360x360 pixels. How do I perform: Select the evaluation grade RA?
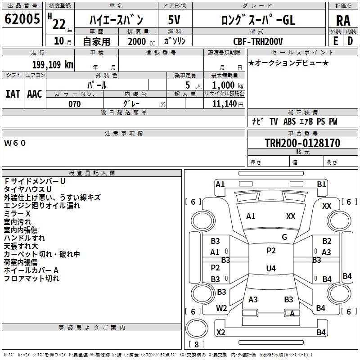tap(343, 20)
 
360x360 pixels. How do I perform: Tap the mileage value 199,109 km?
tap(52, 65)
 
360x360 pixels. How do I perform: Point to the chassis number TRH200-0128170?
tap(302, 144)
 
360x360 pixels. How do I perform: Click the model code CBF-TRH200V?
tap(258, 41)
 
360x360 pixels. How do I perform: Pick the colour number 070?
tap(74, 104)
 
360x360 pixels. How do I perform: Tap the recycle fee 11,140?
tap(223, 104)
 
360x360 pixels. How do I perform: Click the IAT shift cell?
tap(13, 94)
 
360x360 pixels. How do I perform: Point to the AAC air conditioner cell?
tap(35, 94)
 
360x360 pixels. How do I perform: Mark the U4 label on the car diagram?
tap(270, 269)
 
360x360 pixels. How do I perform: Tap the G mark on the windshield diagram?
tap(284, 237)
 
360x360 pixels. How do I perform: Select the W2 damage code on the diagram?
tap(221, 308)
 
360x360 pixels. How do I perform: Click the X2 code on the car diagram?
tap(220, 333)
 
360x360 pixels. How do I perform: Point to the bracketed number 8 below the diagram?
tap(197, 345)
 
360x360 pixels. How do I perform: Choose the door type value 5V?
tap(175, 20)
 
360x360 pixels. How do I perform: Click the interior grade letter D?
tap(350, 40)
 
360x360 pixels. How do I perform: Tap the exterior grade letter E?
tap(335, 40)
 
